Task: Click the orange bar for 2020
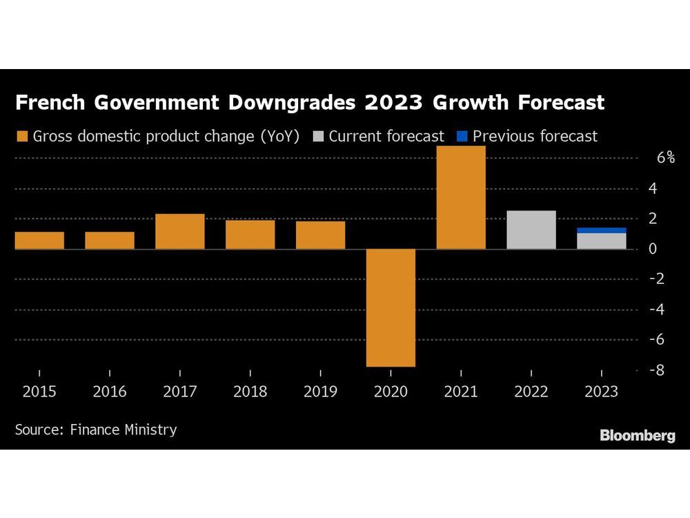point(391,307)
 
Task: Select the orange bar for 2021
point(461,198)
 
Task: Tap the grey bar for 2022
point(531,230)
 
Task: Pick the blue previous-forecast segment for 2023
point(602,231)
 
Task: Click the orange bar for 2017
point(180,231)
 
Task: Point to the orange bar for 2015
point(39,240)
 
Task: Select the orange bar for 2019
point(321,235)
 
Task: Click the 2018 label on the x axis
point(250,392)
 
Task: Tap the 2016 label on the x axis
point(110,392)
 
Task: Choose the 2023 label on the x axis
point(602,392)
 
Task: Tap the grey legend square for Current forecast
point(318,137)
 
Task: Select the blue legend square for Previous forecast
point(462,137)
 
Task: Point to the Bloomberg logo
point(637,435)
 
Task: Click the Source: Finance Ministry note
point(95,430)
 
